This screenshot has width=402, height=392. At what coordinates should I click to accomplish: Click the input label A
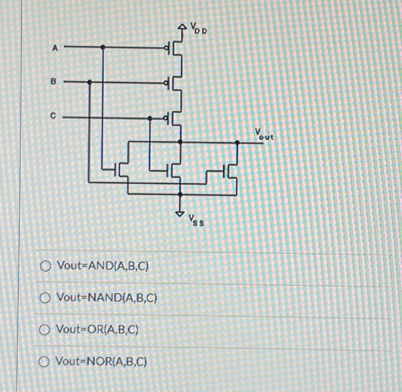click(55, 48)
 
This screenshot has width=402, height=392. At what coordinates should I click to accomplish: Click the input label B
click(53, 82)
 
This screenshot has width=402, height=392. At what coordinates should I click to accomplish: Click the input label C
click(53, 116)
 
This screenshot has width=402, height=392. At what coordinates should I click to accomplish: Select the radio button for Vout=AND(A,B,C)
click(46, 266)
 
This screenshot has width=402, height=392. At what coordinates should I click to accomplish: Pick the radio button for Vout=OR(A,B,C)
click(45, 330)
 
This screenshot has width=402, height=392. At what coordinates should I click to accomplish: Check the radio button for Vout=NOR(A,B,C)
click(45, 361)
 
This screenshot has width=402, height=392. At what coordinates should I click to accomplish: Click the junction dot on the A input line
click(102, 47)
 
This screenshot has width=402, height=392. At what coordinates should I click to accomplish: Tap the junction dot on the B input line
click(90, 82)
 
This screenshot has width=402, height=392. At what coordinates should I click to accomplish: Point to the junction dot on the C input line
click(150, 118)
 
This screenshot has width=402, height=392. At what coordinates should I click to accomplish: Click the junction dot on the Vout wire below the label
click(238, 143)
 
